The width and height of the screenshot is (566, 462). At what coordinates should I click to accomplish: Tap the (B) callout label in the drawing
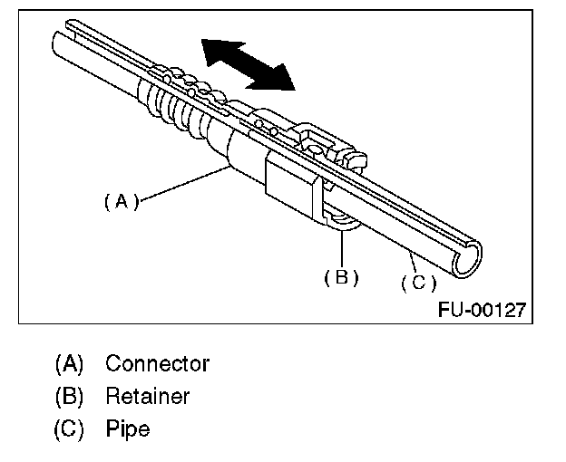pyautogui.click(x=341, y=277)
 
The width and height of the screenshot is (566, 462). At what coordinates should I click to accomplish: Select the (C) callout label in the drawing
pyautogui.click(x=418, y=283)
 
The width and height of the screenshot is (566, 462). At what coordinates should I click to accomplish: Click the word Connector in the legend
pyautogui.click(x=157, y=364)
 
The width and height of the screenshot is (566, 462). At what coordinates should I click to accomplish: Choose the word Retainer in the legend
pyautogui.click(x=147, y=396)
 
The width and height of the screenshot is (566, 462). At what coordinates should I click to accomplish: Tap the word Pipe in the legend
pyautogui.click(x=126, y=427)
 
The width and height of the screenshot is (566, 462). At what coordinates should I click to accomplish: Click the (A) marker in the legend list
pyautogui.click(x=69, y=364)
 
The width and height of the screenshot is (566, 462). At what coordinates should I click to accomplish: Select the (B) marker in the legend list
pyautogui.click(x=69, y=396)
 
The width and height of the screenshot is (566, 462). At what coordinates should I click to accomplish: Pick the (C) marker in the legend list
pyautogui.click(x=69, y=427)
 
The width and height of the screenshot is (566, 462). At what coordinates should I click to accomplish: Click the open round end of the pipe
pyautogui.click(x=473, y=261)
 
